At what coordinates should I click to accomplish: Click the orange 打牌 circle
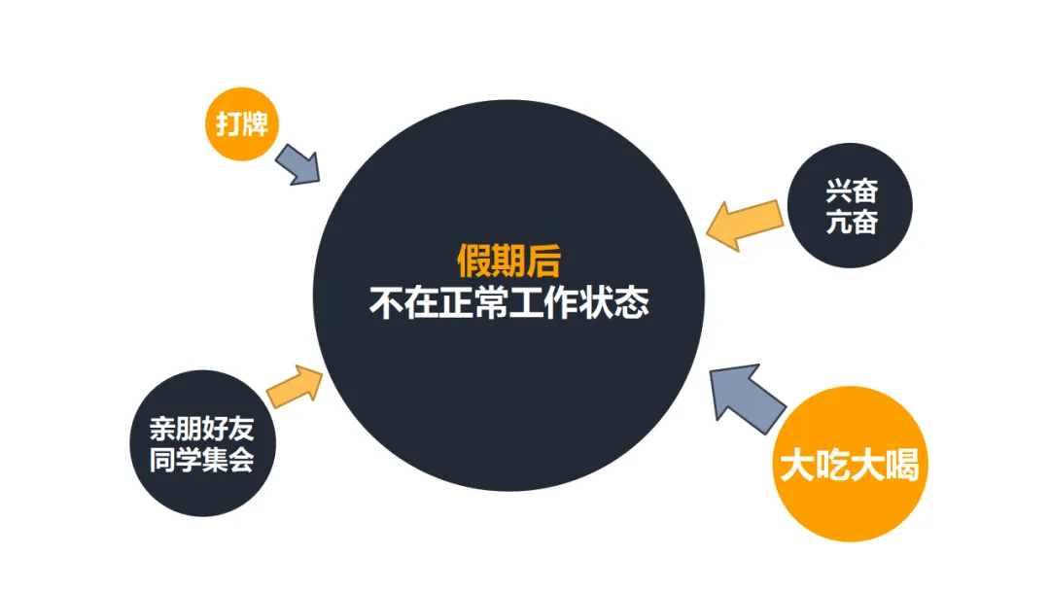(x=242, y=123)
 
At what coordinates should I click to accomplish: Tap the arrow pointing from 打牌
(x=298, y=165)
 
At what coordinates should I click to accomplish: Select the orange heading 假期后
(x=508, y=261)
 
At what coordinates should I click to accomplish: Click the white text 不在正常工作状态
(x=508, y=302)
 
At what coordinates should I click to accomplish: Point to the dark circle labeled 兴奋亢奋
(x=852, y=206)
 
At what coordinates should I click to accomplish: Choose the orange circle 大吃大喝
(x=849, y=466)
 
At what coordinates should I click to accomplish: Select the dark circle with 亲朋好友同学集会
(x=202, y=443)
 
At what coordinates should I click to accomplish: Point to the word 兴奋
(x=852, y=191)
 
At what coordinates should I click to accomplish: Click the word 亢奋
(x=852, y=222)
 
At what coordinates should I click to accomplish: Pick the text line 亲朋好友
(x=202, y=429)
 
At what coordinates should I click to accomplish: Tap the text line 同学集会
(x=202, y=459)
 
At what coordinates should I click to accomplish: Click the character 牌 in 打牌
(x=255, y=124)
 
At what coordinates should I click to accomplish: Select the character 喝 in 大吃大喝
(x=901, y=467)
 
